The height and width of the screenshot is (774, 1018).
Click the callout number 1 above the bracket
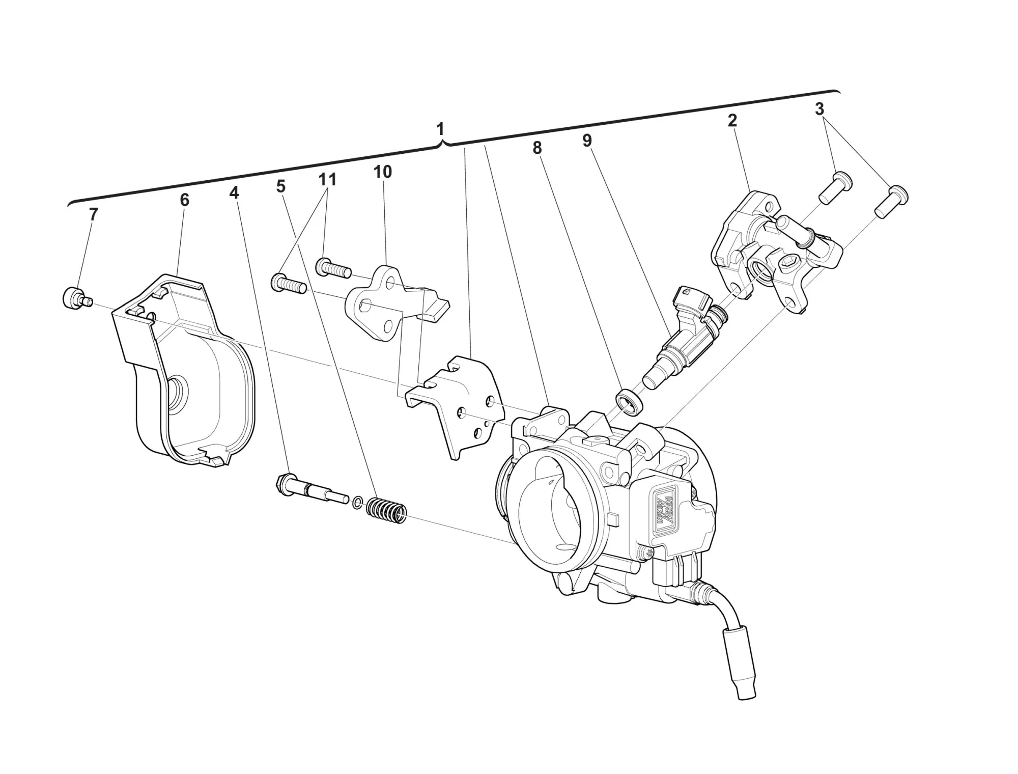pyautogui.click(x=441, y=129)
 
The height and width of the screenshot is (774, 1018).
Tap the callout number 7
pyautogui.click(x=93, y=215)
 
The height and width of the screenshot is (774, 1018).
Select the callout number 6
pyautogui.click(x=184, y=200)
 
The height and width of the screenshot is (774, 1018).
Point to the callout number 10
pyautogui.click(x=383, y=172)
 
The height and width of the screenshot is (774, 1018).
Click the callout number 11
pyautogui.click(x=328, y=179)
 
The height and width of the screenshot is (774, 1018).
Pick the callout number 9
pyautogui.click(x=587, y=141)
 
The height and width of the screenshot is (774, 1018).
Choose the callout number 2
pyautogui.click(x=732, y=121)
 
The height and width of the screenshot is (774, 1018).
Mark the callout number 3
pyautogui.click(x=819, y=109)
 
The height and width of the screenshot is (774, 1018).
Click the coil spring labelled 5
pyautogui.click(x=387, y=510)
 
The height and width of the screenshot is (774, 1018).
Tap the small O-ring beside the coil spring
pyautogui.click(x=357, y=503)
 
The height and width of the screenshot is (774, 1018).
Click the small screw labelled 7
pyautogui.click(x=77, y=298)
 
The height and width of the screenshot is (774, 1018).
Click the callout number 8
pyautogui.click(x=537, y=148)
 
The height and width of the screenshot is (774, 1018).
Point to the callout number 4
pyautogui.click(x=234, y=193)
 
